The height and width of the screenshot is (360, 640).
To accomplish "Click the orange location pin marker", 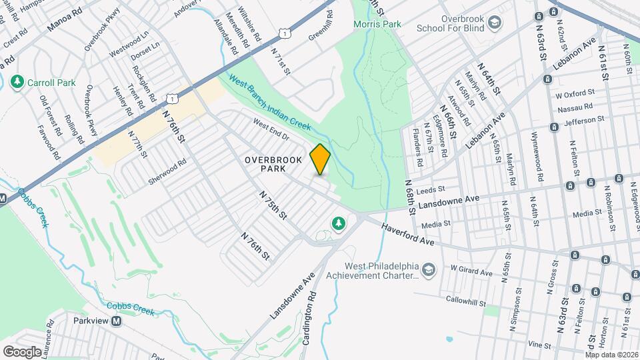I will click(321, 159).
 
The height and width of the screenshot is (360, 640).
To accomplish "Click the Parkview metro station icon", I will click(117, 321).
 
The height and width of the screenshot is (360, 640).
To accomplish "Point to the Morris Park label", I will click(377, 24).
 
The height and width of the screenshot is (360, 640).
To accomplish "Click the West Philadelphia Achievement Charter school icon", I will click(427, 269).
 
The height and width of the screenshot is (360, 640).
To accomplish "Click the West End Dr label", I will click(270, 129).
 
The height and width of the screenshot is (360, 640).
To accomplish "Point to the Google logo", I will click(22, 351).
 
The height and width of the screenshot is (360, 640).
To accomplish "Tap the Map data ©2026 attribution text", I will click(612, 355).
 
